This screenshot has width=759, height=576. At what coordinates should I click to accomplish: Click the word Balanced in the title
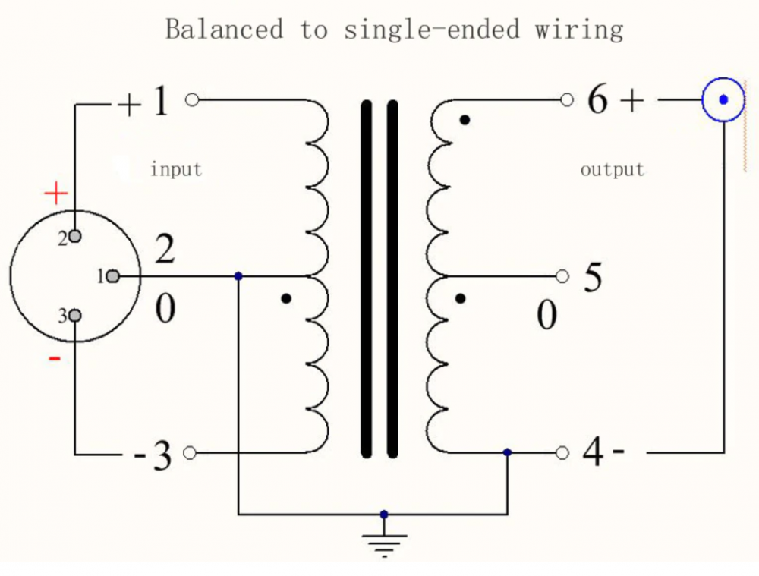[224, 30]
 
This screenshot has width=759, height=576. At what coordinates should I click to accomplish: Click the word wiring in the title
[578, 30]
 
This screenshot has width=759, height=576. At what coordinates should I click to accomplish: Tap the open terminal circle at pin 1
[192, 99]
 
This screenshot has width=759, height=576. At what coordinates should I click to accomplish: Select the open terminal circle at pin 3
[190, 453]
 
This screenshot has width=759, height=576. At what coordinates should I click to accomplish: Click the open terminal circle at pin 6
[565, 99]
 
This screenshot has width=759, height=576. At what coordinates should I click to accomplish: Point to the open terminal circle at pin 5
[562, 276]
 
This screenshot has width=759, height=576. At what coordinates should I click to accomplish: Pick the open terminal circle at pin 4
[562, 452]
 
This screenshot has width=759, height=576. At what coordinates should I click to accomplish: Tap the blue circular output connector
[722, 99]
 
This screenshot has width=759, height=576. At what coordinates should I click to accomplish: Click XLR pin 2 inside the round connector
[74, 236]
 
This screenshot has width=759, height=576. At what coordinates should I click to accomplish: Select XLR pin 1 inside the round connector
[112, 276]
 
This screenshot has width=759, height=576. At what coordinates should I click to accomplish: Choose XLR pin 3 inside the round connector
[74, 316]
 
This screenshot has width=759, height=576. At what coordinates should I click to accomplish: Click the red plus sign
[55, 194]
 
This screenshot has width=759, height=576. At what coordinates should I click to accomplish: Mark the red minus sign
[55, 357]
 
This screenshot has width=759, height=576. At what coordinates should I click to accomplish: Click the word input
[176, 168]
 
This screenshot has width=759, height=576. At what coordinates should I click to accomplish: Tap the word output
[612, 168]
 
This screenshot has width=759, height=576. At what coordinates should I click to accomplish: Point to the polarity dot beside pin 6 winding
[465, 119]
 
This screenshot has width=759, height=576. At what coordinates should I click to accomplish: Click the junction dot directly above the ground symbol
[384, 514]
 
